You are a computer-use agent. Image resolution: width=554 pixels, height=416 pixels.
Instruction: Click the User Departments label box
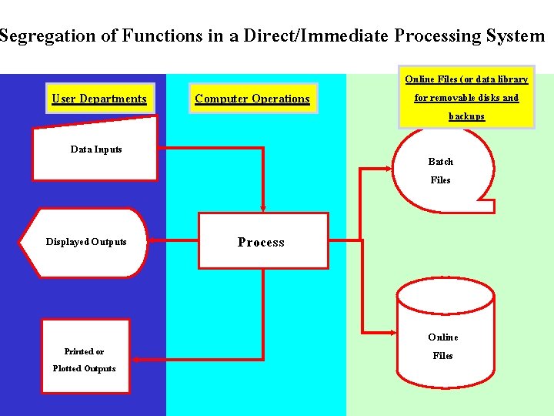tap(98, 99)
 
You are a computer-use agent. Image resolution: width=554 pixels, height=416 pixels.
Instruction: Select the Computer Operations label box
tap(252, 99)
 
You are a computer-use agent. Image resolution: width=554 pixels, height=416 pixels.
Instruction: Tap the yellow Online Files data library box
tap(466, 97)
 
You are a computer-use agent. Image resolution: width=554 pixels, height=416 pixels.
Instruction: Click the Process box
tap(262, 242)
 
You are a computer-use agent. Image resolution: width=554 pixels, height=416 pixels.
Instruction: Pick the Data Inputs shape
tap(95, 149)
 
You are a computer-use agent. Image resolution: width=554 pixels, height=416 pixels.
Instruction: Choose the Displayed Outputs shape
tap(85, 242)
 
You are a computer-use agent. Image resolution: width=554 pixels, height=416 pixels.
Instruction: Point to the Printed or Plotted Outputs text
tap(84, 360)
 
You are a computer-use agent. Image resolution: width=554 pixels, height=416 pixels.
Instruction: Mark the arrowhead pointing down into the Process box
tap(263, 208)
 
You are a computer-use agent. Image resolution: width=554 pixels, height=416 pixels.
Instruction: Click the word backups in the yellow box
tap(466, 116)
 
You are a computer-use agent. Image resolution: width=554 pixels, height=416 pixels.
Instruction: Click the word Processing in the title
tap(437, 36)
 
